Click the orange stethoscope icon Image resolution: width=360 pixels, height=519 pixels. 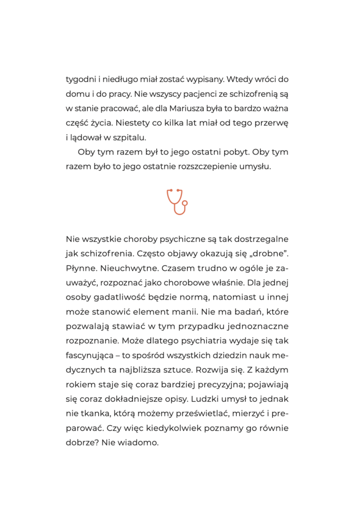point(177,201)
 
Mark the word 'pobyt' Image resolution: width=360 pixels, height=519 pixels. point(234,153)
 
